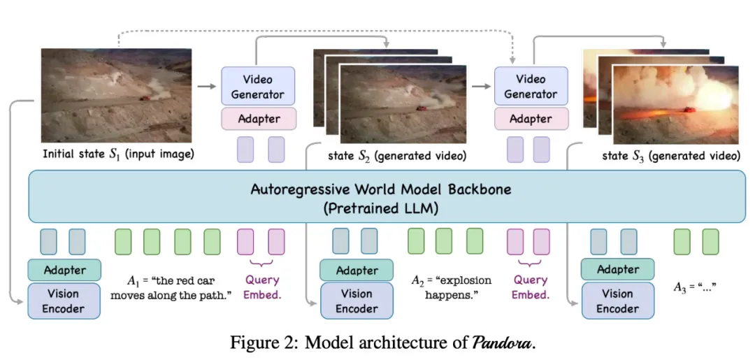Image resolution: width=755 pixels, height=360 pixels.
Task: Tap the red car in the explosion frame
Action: (x=689, y=109)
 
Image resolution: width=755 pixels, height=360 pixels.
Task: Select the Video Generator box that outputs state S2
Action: (x=257, y=87)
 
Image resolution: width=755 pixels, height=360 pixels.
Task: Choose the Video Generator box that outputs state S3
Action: (x=531, y=87)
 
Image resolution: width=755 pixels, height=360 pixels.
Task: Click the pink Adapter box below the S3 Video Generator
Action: (x=531, y=119)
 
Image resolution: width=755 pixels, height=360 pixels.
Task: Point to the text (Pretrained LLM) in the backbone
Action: (x=381, y=208)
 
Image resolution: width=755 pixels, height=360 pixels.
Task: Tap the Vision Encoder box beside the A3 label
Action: (x=618, y=301)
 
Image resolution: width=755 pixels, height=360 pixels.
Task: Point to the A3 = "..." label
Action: (x=696, y=287)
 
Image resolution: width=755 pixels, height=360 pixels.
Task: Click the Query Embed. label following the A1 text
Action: (x=261, y=287)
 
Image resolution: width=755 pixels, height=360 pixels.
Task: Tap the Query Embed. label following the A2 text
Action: (x=530, y=287)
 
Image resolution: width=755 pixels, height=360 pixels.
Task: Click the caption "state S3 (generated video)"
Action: (x=670, y=156)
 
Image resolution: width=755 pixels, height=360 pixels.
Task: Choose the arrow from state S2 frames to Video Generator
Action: (x=480, y=87)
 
